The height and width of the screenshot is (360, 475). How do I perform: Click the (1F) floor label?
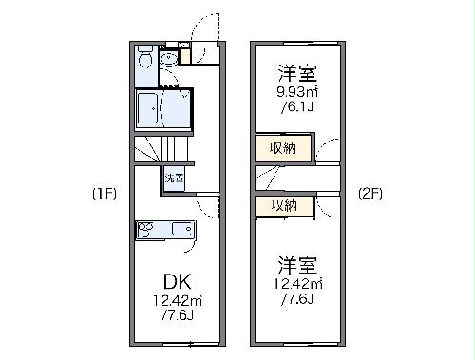pyautogui.click(x=104, y=194)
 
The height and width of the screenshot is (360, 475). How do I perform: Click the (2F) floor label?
pyautogui.click(x=370, y=194)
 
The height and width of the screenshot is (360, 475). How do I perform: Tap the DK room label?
pyautogui.click(x=177, y=282)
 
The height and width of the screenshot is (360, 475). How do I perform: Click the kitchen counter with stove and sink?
pyautogui.click(x=165, y=230)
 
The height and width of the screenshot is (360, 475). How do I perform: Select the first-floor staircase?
pyautogui.click(x=162, y=149)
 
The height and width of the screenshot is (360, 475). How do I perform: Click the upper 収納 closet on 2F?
pyautogui.click(x=283, y=148)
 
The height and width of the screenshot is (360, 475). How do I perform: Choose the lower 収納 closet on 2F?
pyautogui.click(x=283, y=205)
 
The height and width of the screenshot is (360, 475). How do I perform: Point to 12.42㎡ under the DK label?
pyautogui.click(x=177, y=301)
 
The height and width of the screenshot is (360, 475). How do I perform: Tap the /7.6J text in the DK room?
pyautogui.click(x=177, y=316)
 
